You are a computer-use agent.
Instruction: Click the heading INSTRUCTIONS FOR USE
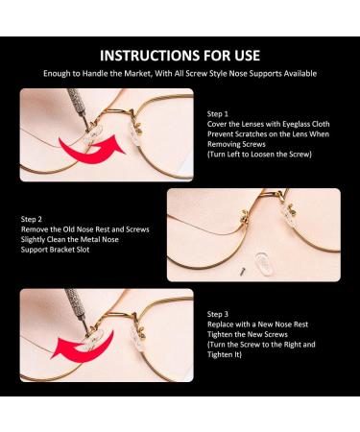tap(180, 56)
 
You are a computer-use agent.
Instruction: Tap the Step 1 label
tap(218, 114)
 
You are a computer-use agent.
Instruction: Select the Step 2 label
tap(32, 219)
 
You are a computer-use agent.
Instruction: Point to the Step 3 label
tap(218, 314)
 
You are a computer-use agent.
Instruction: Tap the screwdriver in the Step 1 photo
tap(79, 108)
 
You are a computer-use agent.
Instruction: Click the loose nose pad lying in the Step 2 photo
tap(264, 264)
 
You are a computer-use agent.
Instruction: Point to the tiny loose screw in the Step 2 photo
tap(242, 272)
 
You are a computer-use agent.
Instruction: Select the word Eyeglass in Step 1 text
tap(297, 124)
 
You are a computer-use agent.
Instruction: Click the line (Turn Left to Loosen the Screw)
tap(259, 155)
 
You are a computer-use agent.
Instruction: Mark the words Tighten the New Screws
tap(248, 334)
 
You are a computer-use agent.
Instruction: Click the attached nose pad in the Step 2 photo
tap(286, 215)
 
